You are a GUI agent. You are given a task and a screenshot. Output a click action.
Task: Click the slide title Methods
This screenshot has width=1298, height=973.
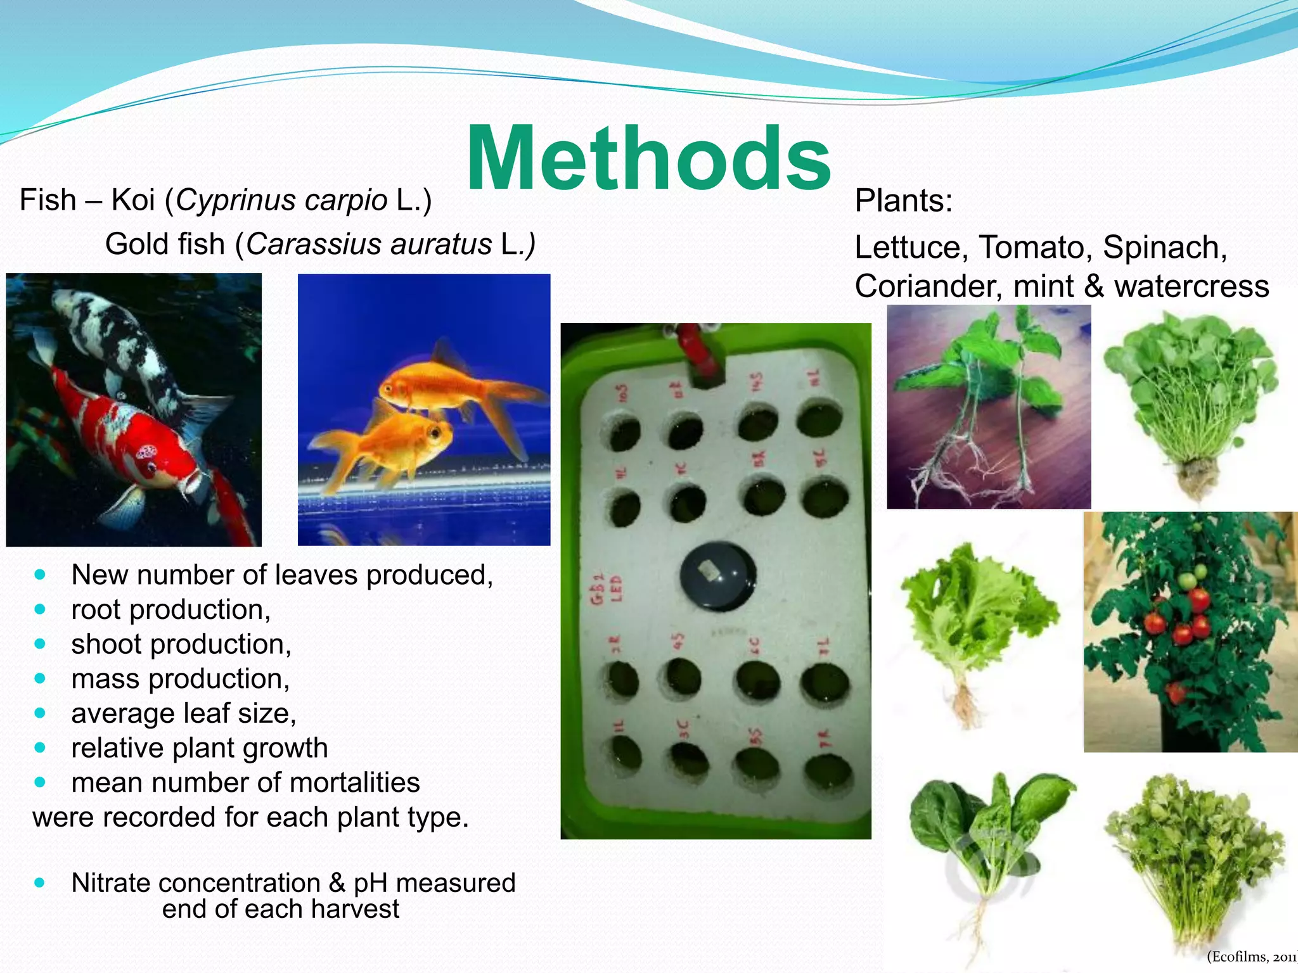click(x=648, y=158)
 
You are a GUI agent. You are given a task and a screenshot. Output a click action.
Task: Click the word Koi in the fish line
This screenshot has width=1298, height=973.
click(x=133, y=200)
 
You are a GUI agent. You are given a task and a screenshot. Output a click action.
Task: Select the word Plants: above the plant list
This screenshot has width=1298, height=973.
click(x=903, y=201)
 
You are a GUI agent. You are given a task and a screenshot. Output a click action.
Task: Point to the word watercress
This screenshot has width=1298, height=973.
click(x=1192, y=286)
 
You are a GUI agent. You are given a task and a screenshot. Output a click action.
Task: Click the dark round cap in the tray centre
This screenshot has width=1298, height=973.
click(x=717, y=575)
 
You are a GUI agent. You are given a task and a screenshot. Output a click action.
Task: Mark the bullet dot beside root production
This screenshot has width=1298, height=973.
click(x=41, y=609)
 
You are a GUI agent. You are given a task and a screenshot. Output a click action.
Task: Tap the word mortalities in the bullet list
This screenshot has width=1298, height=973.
click(x=355, y=782)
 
